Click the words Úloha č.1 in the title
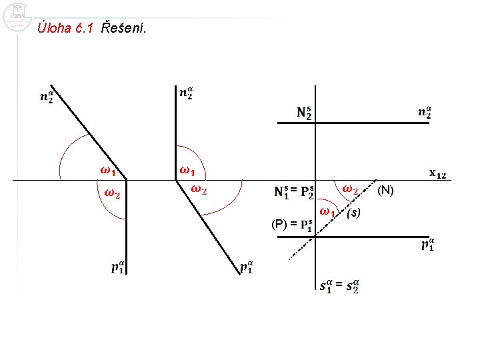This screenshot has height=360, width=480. pos(67,28)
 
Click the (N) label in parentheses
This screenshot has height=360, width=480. pos(386,191)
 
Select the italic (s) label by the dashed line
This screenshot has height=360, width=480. pos(353,213)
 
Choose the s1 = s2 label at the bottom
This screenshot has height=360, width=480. pos(340,286)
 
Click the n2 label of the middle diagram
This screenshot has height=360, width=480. pos(187,93)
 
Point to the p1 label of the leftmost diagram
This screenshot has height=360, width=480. pos(118,268)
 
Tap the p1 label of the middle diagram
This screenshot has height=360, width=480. pos(246,268)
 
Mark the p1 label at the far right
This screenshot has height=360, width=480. pos(428,245)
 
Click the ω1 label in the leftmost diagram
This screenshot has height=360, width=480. pos(108,171)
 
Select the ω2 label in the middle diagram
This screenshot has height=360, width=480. pos(199,190)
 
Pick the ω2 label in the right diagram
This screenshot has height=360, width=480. pos(350,190)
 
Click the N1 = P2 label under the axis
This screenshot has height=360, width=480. pos(295,192)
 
